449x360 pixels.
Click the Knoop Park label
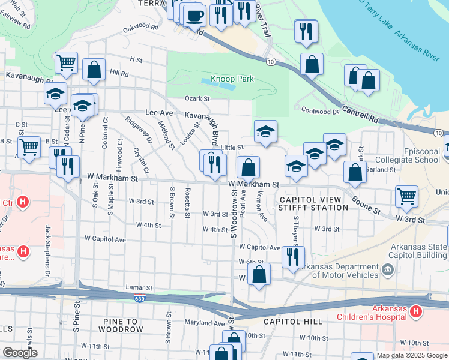coord(237,79)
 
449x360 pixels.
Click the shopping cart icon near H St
coord(66,62)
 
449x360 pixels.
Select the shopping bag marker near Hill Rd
coord(94,70)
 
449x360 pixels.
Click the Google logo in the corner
coord(20,353)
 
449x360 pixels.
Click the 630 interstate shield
coord(140,298)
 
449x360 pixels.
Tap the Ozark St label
coord(197,98)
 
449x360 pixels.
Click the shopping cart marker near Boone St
coord(406,196)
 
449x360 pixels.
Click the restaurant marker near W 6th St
coord(292,257)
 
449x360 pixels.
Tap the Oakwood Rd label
coord(140,28)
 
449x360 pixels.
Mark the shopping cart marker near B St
coord(29,147)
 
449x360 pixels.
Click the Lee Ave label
coord(159,112)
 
